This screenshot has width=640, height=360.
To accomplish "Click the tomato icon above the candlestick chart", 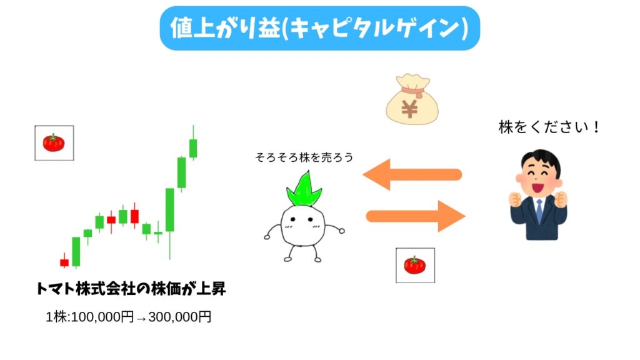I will tap(54, 142).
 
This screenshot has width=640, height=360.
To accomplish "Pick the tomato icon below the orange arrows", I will tap(415, 265).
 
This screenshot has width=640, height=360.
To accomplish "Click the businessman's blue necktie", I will tap(539, 211).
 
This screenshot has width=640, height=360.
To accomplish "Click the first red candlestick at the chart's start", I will tap(64, 262).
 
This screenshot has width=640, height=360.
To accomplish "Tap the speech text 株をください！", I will tap(549, 127).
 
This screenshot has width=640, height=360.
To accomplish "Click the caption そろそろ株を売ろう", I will tap(304, 157).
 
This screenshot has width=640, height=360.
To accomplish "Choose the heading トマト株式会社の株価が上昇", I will tap(131, 289).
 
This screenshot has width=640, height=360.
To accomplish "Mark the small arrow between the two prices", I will tap(141, 317).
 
